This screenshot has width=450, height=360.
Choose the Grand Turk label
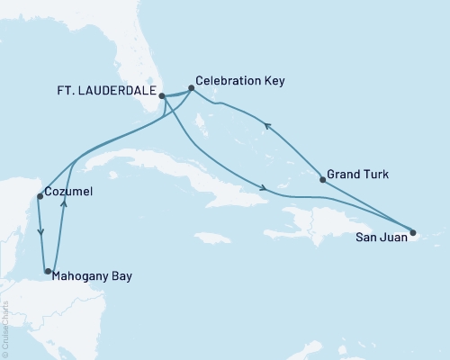pos(359,175)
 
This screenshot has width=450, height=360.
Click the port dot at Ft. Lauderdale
pos(162,95)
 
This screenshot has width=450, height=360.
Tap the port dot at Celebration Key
pos(191,88)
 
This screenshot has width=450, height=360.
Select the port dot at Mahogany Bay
pos(48,271)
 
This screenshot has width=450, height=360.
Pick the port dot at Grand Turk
pos(322,180)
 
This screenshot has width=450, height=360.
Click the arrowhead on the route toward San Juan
pos(262,188)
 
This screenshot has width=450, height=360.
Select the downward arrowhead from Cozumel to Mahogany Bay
pos(40,232)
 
